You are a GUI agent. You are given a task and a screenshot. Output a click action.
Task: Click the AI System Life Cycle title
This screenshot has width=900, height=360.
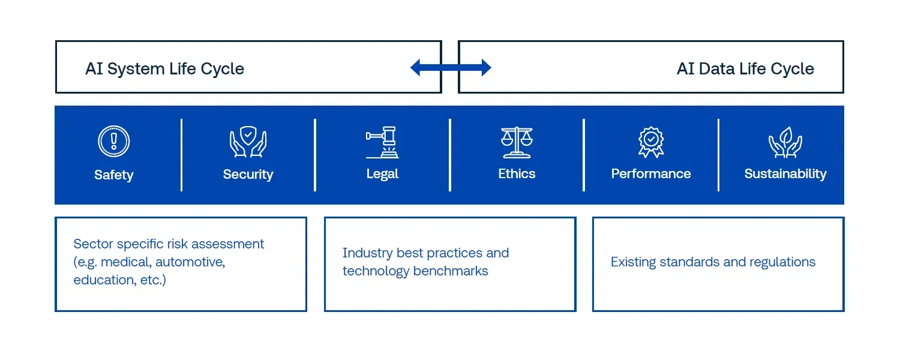point(165,69)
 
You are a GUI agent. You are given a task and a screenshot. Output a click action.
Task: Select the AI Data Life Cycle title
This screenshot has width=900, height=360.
point(745,69)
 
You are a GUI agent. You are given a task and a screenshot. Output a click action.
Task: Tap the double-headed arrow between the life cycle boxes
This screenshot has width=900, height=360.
point(451,67)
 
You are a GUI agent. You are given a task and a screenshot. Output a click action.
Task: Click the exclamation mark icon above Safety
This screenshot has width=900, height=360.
point(114,142)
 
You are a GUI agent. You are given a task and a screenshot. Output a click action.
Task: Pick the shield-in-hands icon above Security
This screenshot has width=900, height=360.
point(248,142)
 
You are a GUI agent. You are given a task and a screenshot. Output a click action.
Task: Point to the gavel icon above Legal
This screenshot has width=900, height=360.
point(382,142)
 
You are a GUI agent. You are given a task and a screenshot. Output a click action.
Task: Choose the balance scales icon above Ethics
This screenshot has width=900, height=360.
point(517,142)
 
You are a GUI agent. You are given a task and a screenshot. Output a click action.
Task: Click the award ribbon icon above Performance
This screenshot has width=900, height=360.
point(651,142)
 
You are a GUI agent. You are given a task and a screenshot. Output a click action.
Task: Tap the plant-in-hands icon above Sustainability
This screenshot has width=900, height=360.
point(785,142)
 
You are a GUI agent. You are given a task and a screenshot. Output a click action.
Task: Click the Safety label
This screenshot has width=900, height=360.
point(114,175)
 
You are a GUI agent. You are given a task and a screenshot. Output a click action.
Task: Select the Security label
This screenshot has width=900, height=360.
point(248,175)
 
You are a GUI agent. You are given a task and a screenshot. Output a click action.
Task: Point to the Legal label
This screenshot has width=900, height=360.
point(382,174)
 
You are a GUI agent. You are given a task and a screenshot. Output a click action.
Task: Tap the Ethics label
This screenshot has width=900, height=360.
point(517,173)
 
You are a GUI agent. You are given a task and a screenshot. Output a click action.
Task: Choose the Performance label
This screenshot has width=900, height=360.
point(651,173)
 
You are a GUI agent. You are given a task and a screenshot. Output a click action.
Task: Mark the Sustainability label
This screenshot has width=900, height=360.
point(785,174)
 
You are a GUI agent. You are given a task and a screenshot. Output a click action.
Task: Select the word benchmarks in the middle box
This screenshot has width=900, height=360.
point(451,271)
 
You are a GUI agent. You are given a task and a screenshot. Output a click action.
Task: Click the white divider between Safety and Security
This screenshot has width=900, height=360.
point(182,155)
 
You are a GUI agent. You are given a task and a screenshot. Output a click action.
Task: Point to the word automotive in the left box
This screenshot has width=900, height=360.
point(190,262)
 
